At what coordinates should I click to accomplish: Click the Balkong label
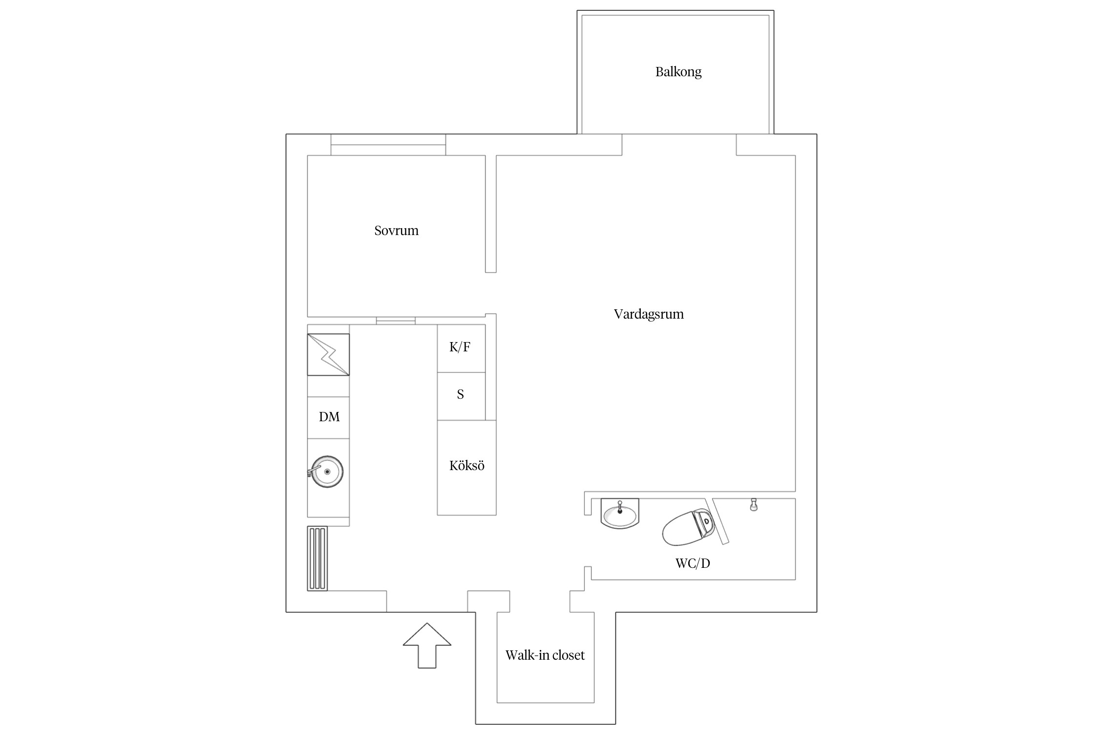tap(678, 72)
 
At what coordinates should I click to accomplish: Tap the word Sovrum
tap(396, 231)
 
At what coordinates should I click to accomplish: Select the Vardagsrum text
tap(649, 314)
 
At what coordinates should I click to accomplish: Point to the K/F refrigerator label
tap(460, 347)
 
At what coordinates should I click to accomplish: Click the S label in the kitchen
tap(460, 394)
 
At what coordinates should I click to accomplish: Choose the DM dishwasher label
tap(329, 417)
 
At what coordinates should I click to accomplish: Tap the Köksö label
tap(467, 466)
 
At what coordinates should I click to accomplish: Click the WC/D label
tap(693, 563)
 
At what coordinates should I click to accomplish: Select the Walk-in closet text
tap(545, 655)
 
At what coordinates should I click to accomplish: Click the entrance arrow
tap(427, 645)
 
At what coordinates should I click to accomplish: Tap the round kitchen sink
tap(327, 472)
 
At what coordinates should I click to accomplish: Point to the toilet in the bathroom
tap(689, 527)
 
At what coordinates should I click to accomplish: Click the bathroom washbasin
tap(620, 514)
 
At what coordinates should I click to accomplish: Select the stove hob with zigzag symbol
tap(328, 355)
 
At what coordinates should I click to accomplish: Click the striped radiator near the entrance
tap(317, 559)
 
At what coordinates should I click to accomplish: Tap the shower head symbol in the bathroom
tap(754, 505)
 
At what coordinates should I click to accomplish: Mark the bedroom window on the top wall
tap(388, 145)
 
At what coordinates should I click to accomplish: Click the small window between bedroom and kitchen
tap(396, 321)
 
